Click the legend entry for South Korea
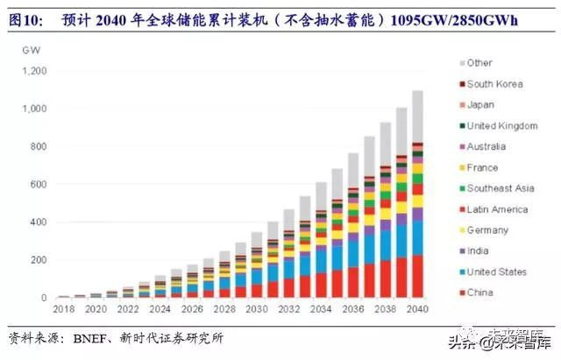pos(494,84)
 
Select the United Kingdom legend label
pos(501,126)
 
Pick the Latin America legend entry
pos(497,209)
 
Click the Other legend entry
pos(479,63)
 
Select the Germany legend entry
pos(487,230)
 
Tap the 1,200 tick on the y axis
pos(35,71)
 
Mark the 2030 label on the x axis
pos(257,310)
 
